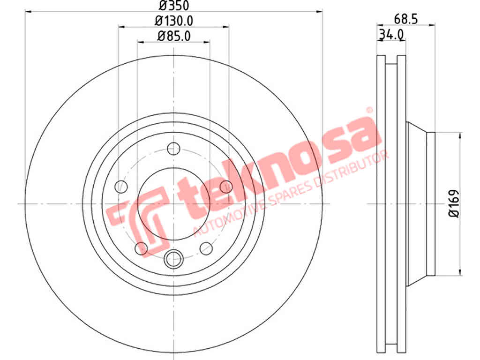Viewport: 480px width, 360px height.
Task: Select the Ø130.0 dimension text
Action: tap(174, 21)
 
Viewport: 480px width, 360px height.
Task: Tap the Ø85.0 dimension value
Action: tap(174, 36)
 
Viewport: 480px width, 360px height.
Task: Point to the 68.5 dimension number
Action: tap(406, 19)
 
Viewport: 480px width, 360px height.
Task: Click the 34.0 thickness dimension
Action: tap(391, 34)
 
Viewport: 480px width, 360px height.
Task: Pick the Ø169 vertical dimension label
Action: tap(454, 203)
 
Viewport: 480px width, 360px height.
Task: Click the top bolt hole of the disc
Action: tap(173, 149)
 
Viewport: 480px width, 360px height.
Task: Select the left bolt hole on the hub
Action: tap(121, 187)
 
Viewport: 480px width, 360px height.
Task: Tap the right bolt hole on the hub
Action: tap(226, 187)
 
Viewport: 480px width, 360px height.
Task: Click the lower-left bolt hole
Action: tap(141, 248)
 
